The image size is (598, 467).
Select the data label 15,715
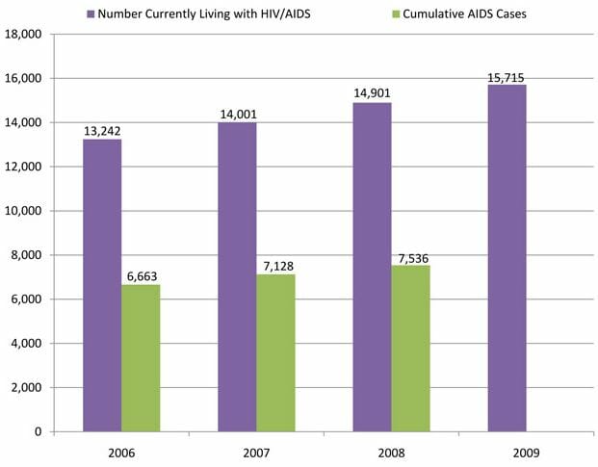click(x=507, y=76)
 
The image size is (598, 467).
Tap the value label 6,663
click(x=141, y=276)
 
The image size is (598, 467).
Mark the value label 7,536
click(x=410, y=257)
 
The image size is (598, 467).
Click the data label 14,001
click(x=237, y=114)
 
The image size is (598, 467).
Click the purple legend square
click(x=90, y=14)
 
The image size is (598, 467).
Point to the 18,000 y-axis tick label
click(x=23, y=34)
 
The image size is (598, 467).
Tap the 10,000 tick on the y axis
click(x=23, y=211)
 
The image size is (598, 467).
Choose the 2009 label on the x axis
click(x=507, y=451)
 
